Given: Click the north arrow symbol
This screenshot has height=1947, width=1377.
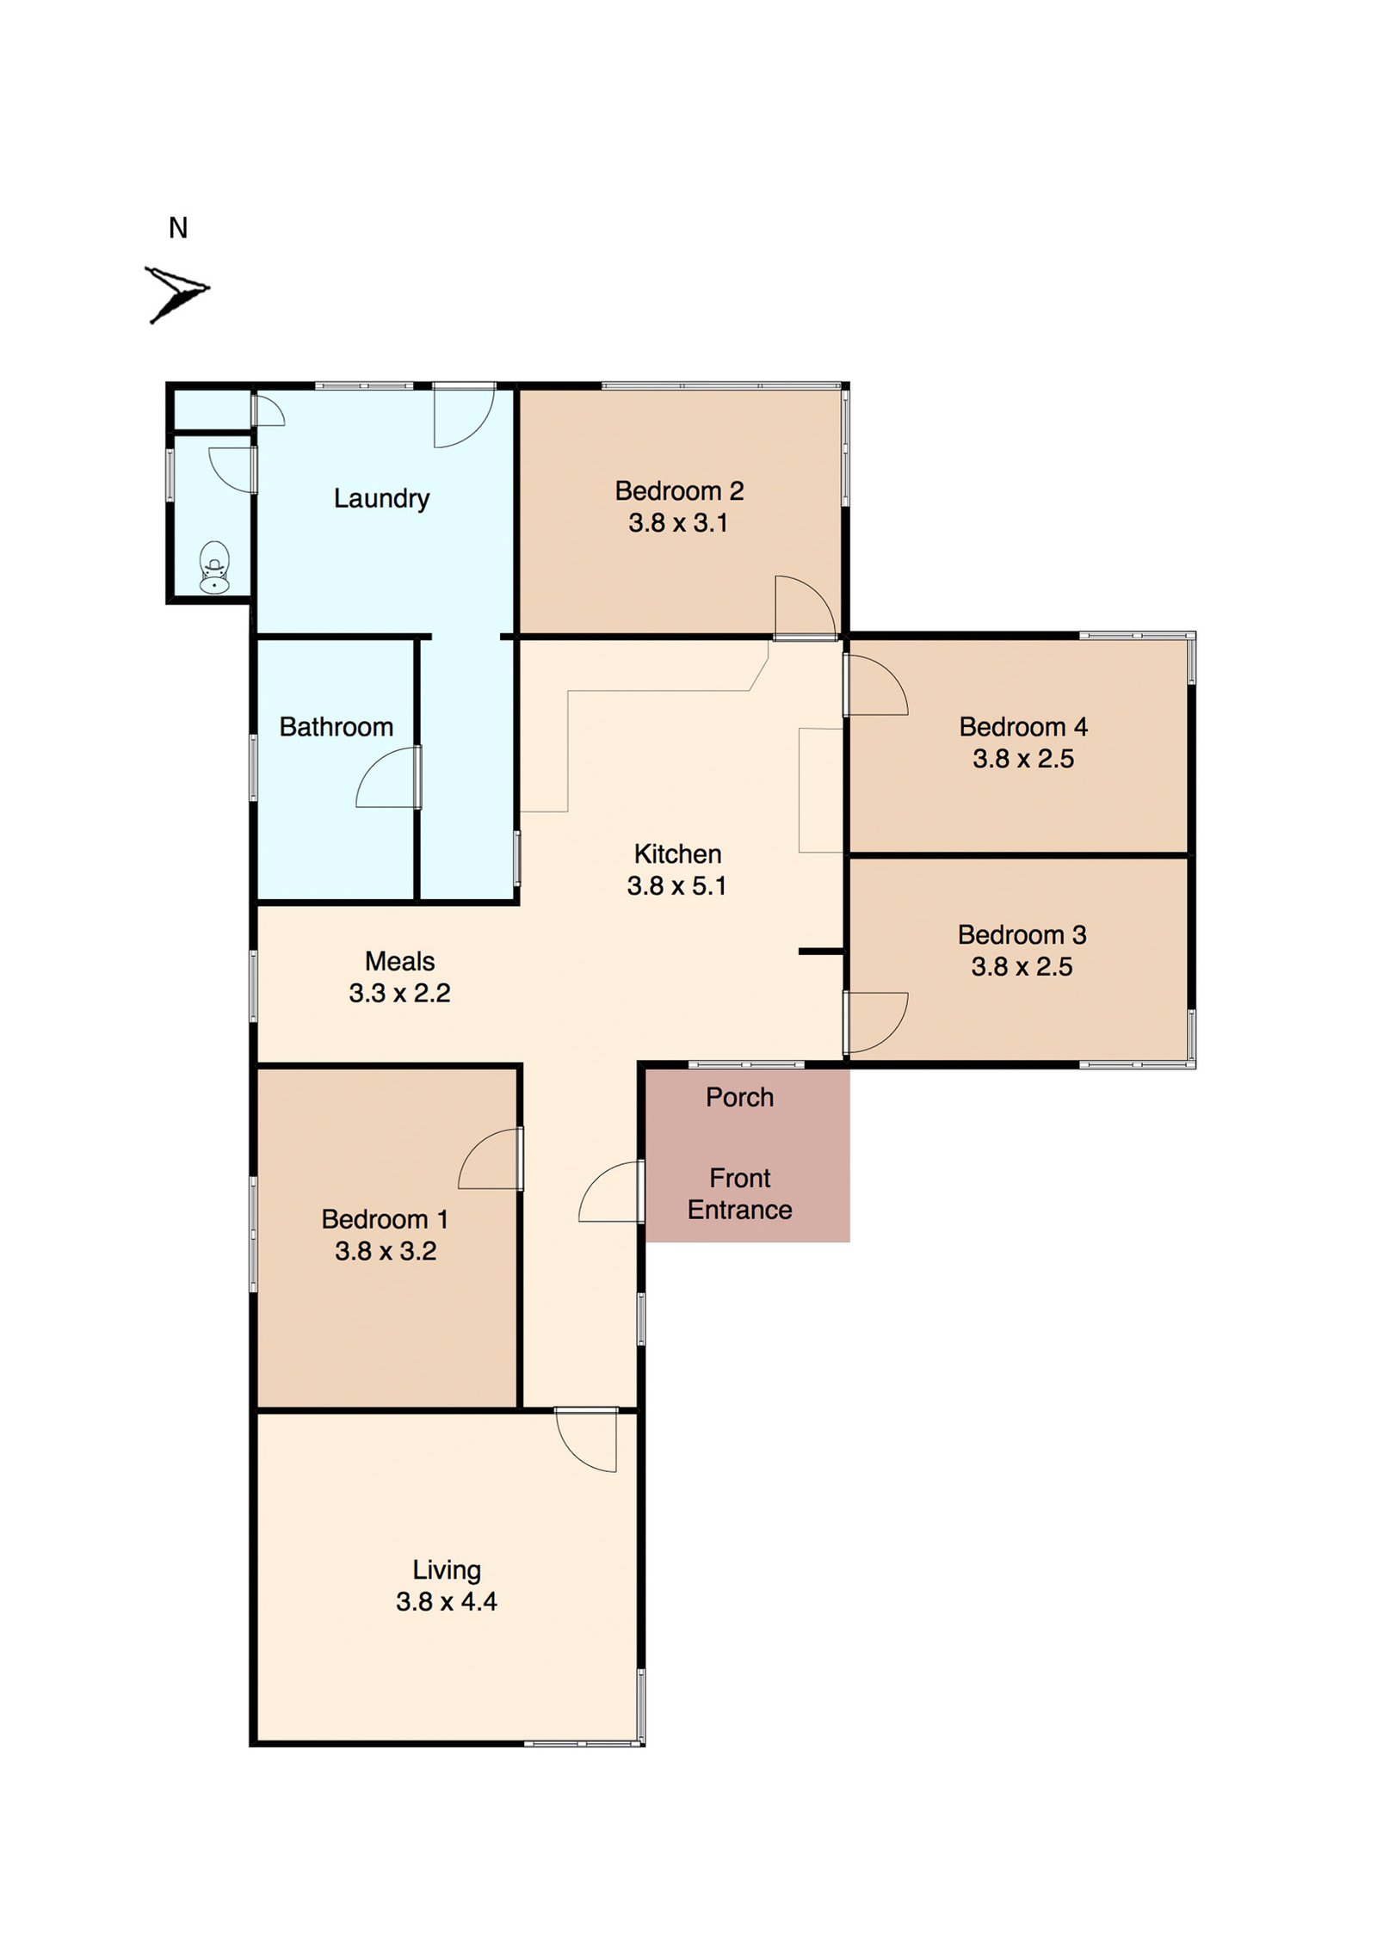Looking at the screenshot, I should [176, 293].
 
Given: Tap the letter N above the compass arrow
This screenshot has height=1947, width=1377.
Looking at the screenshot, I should [178, 228].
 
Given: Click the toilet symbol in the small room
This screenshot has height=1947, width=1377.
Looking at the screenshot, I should [214, 567].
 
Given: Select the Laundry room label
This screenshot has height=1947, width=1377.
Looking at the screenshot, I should [381, 498].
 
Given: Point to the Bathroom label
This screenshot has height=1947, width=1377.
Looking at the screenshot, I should [336, 727].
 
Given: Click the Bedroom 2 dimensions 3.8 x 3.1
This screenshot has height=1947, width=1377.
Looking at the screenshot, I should [678, 523].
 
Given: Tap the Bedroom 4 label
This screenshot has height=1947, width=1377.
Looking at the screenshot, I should [1022, 727].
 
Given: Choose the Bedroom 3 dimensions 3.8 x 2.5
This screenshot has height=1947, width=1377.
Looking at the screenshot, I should [1022, 967].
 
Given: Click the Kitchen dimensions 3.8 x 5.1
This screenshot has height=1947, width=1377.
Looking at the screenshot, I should [676, 886].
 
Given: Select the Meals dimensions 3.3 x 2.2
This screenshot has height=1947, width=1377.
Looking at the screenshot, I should [399, 993].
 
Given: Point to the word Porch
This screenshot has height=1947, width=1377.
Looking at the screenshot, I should [739, 1097].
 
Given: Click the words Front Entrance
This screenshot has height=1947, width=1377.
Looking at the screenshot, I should [739, 1193].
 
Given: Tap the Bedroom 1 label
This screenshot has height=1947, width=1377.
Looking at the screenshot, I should [384, 1219].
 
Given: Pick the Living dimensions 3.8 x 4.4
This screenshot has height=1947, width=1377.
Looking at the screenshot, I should [446, 1601].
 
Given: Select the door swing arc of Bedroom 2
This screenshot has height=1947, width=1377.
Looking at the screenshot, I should [807, 605].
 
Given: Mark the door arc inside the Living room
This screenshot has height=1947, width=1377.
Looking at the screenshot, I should [585, 1441].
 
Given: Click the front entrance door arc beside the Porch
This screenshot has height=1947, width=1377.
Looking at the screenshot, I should [609, 1191].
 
